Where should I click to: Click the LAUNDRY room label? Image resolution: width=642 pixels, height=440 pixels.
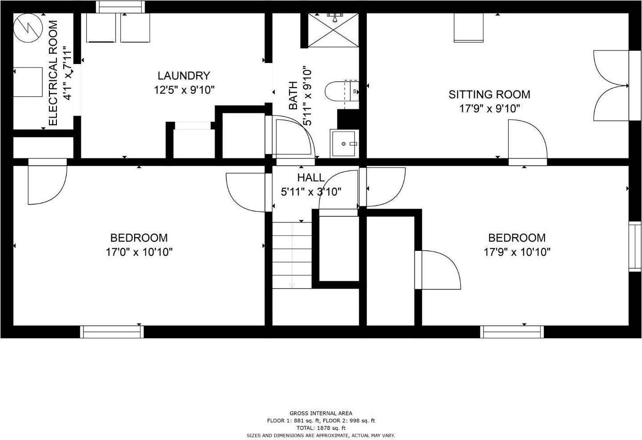point(184,75)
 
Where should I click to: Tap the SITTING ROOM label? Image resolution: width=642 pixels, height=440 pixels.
point(489,95)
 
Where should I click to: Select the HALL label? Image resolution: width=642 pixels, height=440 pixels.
point(311,178)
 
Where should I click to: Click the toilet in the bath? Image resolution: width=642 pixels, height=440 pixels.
point(341,91)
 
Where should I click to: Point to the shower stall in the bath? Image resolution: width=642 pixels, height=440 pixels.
point(333,30)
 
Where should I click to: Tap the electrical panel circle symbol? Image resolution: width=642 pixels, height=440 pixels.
point(28,28)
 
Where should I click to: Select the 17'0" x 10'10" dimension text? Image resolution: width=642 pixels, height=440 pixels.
point(139,252)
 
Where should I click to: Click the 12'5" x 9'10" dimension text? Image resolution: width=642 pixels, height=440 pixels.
point(184,90)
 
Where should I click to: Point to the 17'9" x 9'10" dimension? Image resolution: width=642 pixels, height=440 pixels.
point(490,108)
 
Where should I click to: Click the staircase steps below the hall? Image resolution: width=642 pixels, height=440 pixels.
point(292,255)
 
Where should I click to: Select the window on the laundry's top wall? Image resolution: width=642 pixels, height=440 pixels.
point(120,7)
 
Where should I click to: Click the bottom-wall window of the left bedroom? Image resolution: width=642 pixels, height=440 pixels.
point(112,332)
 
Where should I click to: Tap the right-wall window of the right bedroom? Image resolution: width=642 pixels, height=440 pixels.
point(635,246)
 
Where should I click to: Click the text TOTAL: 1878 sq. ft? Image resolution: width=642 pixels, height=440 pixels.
point(321,428)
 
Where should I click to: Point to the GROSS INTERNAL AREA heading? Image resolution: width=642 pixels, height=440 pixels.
point(321,413)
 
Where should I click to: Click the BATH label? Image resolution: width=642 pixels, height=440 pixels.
point(293,95)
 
